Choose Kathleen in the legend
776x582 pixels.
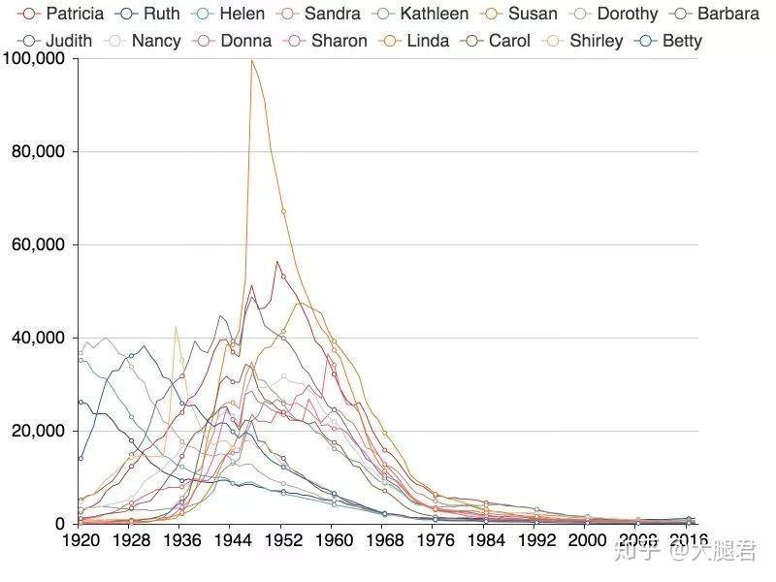420,14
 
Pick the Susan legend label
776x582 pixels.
520,14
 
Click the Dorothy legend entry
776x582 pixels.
613,14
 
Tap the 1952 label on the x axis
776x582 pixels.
282,539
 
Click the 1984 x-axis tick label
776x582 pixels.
484,539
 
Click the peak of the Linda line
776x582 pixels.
251,60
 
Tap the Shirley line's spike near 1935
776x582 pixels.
176,327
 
